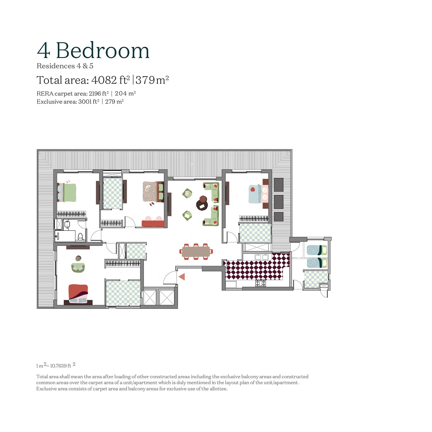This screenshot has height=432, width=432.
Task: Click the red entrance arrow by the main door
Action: [x=182, y=276]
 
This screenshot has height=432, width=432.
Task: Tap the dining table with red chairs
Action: [x=196, y=252]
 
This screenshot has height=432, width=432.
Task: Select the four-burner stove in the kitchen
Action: [x=261, y=283]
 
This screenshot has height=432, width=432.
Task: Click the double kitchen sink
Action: [x=261, y=257]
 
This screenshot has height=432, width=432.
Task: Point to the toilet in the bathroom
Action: [x=80, y=237]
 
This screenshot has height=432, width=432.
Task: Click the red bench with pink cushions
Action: [x=153, y=222]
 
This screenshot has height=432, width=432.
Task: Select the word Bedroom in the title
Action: [x=102, y=50]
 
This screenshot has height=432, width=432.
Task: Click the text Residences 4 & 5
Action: [x=65, y=66]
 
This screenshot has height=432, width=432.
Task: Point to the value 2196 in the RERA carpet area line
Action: [x=95, y=94]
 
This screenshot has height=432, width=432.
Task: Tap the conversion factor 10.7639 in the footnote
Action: [x=58, y=366]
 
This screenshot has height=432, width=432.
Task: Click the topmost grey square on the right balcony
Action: [x=279, y=185]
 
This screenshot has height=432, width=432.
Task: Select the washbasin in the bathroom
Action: [x=67, y=224]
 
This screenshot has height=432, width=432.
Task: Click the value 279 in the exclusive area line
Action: [x=110, y=102]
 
